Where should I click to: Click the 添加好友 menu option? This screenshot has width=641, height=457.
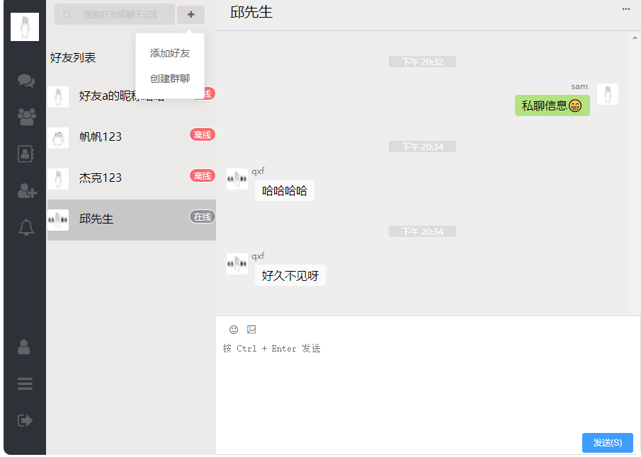pos(170,53)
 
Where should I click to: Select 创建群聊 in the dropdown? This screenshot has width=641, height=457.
pos(170,79)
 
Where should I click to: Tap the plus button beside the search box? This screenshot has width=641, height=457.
pos(191,15)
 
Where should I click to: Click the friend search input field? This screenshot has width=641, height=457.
pos(117,14)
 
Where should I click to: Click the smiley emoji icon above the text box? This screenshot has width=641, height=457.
pos(234,330)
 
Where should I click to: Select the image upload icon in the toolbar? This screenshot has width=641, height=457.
pos(251,330)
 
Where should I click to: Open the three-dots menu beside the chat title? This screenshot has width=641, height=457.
pos(626,9)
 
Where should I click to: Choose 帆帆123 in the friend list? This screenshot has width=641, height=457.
pos(101,137)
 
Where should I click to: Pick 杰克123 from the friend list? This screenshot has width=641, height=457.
pos(101,178)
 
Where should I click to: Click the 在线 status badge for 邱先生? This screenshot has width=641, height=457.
pos(203,216)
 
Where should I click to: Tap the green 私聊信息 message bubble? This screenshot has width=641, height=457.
pos(552,105)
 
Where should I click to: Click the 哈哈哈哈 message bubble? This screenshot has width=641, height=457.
pos(285,190)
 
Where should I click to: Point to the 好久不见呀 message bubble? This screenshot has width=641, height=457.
pos(290,275)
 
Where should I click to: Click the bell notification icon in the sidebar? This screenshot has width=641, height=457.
pos(26,228)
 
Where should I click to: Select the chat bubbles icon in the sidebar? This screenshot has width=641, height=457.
pos(26,81)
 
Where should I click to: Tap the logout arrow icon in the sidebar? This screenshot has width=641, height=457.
pos(25,420)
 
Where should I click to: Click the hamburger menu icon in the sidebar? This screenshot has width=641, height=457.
pos(25,384)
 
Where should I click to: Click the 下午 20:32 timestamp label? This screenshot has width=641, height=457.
pos(422,62)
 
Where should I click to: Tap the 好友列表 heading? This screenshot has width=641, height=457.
pos(73,58)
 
